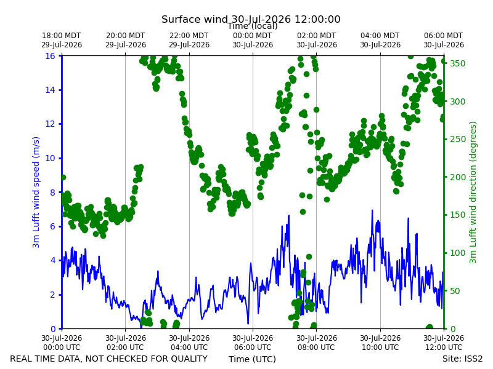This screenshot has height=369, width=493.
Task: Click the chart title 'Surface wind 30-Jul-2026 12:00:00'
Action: coord(251,19)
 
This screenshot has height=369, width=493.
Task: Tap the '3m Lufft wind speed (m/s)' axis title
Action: coord(36,192)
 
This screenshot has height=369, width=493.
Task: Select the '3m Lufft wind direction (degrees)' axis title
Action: coord(473,192)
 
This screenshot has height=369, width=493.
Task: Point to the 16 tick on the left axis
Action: coord(51,56)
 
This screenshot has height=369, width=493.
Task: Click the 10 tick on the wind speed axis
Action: coord(51,158)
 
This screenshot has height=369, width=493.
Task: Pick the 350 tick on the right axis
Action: coord(458,63)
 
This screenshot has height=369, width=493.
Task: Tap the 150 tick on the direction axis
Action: coord(458,215)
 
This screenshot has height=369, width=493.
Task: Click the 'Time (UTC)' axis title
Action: coord(252,359)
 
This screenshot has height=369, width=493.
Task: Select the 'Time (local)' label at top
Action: coord(253,26)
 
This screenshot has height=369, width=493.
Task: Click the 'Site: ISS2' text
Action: coord(462,359)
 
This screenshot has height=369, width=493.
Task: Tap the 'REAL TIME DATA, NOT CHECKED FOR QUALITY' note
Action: coord(109,359)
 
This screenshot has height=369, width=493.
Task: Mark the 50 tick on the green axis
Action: coord(454,291)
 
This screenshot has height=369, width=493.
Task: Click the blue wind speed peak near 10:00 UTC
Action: coord(372,210)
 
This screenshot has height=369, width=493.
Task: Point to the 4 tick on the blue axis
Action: coord(52,260)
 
